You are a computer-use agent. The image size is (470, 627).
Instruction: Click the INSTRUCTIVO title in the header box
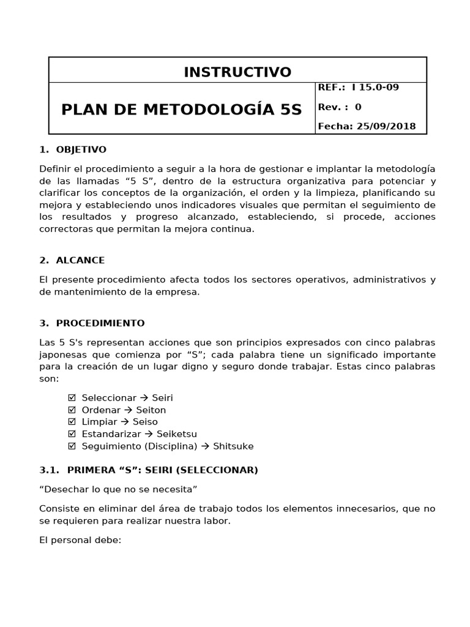pyautogui.click(x=237, y=72)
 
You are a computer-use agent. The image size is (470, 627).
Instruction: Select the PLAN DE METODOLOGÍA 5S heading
pyautogui.click(x=182, y=110)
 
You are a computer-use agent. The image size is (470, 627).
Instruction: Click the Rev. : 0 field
pyautogui.click(x=340, y=107)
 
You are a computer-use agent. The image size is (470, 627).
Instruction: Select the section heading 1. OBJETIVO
pyautogui.click(x=73, y=149)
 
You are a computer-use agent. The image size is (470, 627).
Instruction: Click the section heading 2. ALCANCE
pyautogui.click(x=72, y=260)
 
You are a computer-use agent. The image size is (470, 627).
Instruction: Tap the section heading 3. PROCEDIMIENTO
pyautogui.click(x=92, y=323)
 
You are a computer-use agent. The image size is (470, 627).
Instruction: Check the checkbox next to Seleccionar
pyautogui.click(x=72, y=398)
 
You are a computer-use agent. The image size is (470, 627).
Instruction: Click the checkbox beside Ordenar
pyautogui.click(x=72, y=410)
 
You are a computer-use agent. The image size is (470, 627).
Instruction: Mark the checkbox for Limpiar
pyautogui.click(x=72, y=422)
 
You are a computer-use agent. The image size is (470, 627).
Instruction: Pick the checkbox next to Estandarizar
pyautogui.click(x=72, y=434)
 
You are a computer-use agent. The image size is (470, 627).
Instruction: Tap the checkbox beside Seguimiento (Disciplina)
pyautogui.click(x=72, y=446)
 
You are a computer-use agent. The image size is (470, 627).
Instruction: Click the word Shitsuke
pyautogui.click(x=233, y=446)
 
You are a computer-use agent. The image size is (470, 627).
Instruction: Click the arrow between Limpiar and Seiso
pyautogui.click(x=125, y=422)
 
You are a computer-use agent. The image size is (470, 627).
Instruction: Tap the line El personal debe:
pyautogui.click(x=80, y=541)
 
